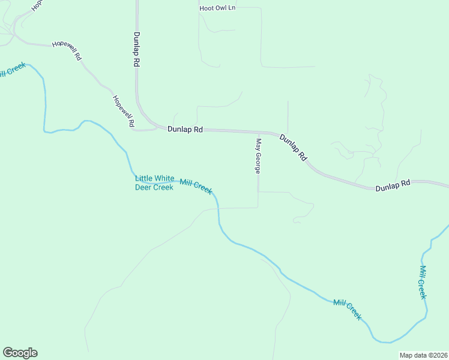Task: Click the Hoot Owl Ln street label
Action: [217, 8]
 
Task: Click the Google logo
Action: [20, 353]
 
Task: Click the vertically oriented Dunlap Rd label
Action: [137, 49]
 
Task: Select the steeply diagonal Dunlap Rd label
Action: [294, 148]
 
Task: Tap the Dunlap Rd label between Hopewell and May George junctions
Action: [185, 129]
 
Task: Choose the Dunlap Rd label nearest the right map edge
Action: [393, 186]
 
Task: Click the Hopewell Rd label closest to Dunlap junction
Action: [123, 110]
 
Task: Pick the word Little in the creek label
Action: [144, 178]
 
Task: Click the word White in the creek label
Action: [164, 178]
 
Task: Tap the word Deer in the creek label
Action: [144, 187]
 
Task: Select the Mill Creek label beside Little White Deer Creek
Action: [196, 187]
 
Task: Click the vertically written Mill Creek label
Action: [423, 282]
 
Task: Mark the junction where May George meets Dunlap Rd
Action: [259, 131]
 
